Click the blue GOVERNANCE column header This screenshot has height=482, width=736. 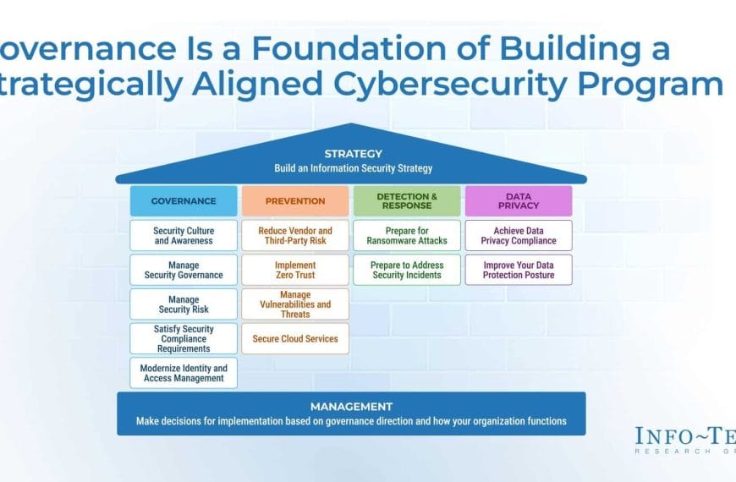[184, 201]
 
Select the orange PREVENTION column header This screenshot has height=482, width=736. [295, 201]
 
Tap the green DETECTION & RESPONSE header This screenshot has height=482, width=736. [407, 201]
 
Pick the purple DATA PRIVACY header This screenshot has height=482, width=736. [519, 201]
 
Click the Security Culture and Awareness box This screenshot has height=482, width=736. [184, 236]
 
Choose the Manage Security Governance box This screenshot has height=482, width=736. [184, 270]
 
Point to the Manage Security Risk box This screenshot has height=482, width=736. [184, 304]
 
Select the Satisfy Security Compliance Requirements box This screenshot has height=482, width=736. [184, 338]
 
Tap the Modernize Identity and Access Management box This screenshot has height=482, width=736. [184, 373]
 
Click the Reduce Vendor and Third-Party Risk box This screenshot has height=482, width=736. [295, 236]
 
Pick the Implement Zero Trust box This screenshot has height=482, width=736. [295, 270]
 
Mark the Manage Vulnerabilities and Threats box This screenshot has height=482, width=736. [295, 304]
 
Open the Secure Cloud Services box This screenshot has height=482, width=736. [295, 338]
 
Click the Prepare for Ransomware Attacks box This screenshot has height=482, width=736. [407, 236]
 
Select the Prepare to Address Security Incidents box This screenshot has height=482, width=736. [407, 270]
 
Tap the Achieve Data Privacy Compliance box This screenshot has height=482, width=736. [519, 236]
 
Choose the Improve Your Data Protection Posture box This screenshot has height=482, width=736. [519, 270]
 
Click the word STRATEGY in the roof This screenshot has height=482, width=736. [353, 154]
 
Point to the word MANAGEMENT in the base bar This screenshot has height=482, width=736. [351, 407]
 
